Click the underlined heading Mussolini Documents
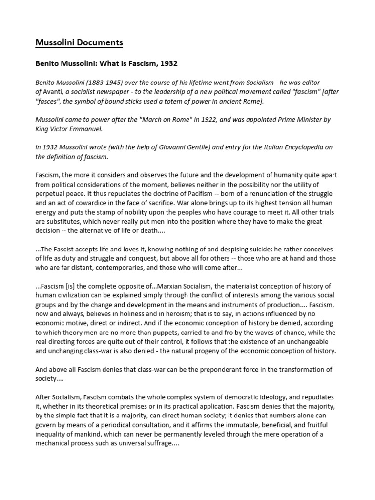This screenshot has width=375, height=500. (x=79, y=43)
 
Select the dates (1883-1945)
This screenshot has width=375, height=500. (x=111, y=83)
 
